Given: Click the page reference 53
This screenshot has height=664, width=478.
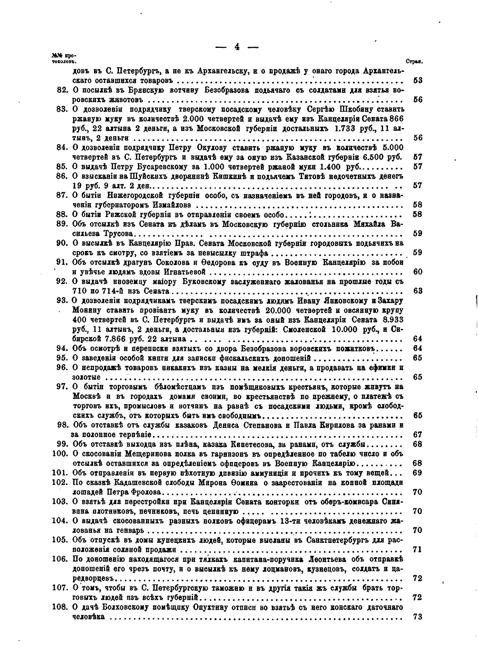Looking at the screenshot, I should pyautogui.click(x=417, y=81).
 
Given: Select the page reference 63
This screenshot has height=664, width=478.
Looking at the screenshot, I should pyautogui.click(x=417, y=291).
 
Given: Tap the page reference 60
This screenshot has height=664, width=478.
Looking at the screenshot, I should pyautogui.click(x=417, y=272).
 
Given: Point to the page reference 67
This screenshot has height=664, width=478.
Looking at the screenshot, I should pyautogui.click(x=417, y=434).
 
